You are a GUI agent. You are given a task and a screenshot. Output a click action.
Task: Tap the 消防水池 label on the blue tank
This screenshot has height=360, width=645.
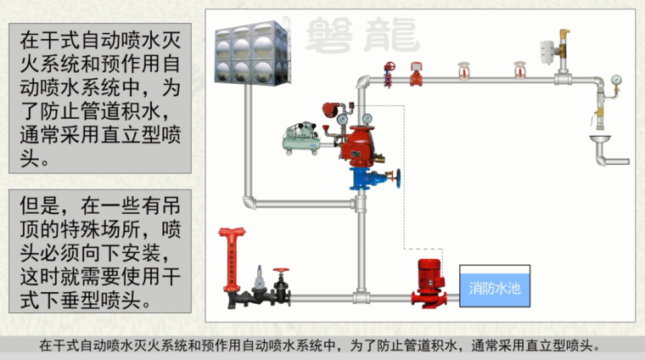click(x=496, y=288)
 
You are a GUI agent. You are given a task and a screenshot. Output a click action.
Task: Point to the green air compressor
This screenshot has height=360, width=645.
click(x=302, y=135)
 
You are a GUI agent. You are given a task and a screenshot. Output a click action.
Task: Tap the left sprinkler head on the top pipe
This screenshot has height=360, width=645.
click(x=463, y=71)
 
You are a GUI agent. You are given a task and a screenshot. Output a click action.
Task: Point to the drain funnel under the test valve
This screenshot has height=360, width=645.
click(x=601, y=138)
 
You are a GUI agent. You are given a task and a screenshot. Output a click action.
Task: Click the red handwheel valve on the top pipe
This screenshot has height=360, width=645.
click(x=390, y=73)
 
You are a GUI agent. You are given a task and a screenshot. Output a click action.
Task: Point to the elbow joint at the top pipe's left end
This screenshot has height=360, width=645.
click(x=362, y=83)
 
